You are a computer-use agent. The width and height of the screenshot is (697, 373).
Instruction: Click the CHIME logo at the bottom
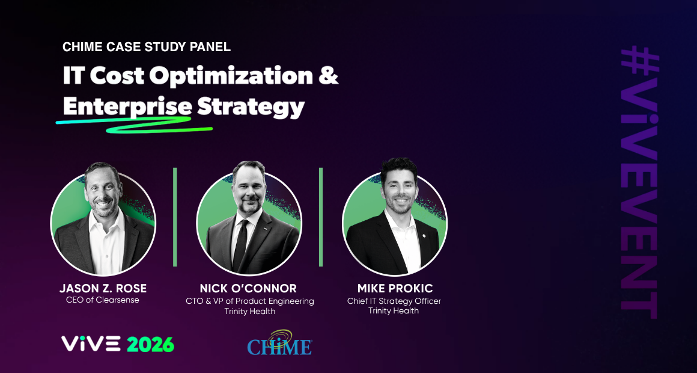pos(279,342)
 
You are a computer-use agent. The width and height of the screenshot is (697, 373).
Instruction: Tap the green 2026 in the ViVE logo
pos(150,344)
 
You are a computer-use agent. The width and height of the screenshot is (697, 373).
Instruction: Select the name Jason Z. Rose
pos(103,288)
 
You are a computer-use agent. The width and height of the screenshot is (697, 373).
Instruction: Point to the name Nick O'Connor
pos(248,288)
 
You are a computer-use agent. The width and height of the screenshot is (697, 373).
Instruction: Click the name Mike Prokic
pos(394,288)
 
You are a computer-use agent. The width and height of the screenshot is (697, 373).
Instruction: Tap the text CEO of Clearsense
pos(103,300)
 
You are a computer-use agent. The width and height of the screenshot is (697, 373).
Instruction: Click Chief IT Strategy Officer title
pos(394,301)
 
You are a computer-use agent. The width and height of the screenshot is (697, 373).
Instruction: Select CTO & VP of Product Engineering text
pos(250,301)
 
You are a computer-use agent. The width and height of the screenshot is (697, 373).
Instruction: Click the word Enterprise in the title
pos(127,107)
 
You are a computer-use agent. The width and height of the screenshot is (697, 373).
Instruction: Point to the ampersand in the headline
pos(329,76)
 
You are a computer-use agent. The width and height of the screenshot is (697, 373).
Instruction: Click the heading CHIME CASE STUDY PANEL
pos(147,47)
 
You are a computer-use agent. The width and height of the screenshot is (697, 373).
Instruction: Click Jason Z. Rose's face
pos(104,191)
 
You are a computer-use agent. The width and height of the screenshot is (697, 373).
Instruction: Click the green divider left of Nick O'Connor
pos(175,217)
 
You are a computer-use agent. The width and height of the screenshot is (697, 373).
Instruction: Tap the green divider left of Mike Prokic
pos(321,217)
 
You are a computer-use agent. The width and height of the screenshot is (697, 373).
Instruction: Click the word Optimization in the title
pos(231,76)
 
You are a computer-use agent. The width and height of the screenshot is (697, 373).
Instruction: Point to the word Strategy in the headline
pos(251,107)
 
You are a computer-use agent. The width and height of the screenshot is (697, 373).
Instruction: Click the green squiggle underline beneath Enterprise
pos(134,123)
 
